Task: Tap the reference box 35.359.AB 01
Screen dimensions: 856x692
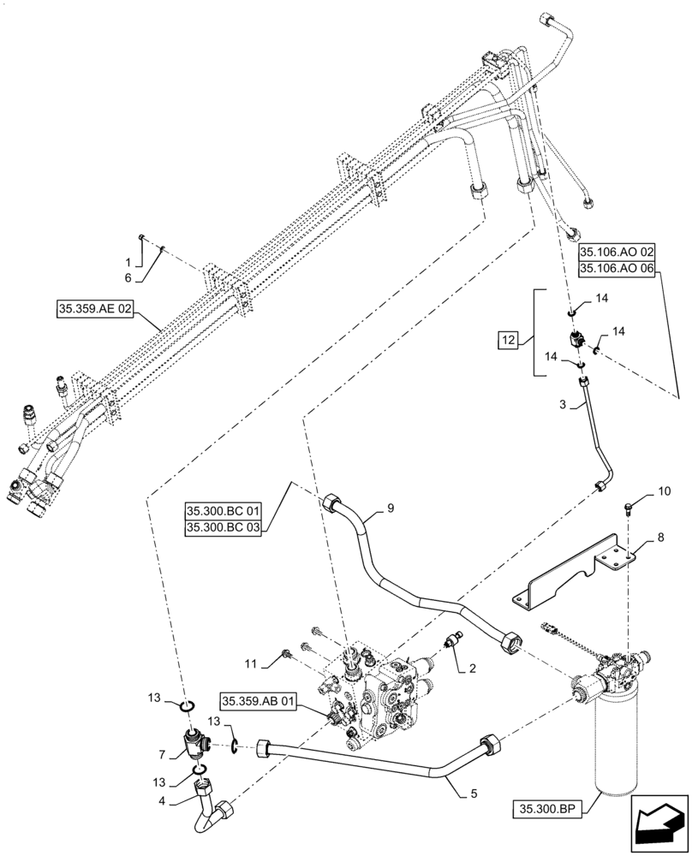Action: [x=258, y=702]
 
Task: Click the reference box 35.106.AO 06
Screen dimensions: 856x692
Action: [x=616, y=268]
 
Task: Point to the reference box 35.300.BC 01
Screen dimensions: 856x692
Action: [x=221, y=512]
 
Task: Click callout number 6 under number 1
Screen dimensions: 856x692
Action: [x=128, y=278]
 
